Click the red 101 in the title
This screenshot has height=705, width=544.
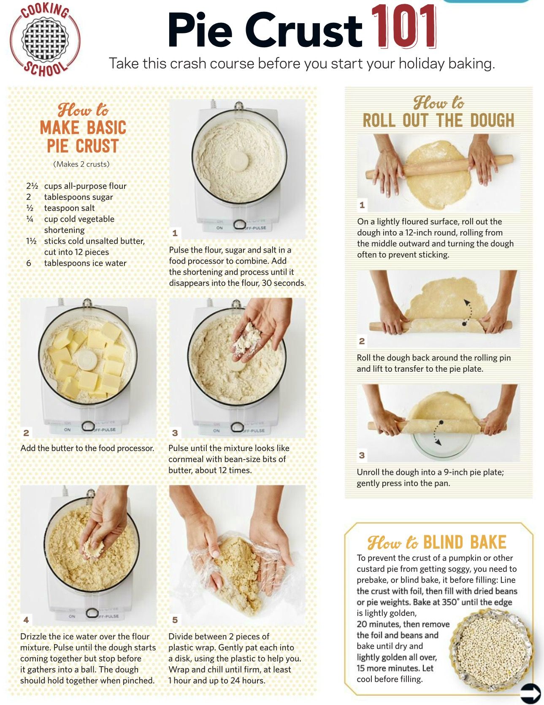pos(404,27)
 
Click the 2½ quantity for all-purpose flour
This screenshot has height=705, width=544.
pos(32,186)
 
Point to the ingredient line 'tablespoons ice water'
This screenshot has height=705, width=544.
pos(85,263)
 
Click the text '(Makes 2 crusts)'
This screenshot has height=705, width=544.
pos(81,164)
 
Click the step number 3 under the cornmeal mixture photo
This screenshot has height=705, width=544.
pos(175,433)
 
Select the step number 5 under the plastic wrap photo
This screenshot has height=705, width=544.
pos(175,620)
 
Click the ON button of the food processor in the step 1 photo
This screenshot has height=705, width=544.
pos(219,228)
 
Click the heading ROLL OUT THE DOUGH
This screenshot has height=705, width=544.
pos(438,120)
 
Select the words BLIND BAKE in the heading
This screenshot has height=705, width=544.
pos(465,542)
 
